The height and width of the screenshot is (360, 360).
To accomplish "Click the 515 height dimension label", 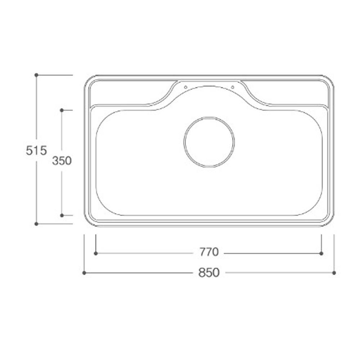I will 36,150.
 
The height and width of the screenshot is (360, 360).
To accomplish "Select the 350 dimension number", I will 62,161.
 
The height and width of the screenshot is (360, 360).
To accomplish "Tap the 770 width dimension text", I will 209,252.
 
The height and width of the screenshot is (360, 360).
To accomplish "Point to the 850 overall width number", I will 209,273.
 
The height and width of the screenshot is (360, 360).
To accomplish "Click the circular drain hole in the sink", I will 209,142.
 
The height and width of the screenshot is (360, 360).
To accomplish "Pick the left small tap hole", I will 185,87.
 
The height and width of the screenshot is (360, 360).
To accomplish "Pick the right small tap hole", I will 233,87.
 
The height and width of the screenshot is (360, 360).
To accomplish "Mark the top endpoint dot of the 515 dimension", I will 36,75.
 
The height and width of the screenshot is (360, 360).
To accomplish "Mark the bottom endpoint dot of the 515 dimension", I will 36,224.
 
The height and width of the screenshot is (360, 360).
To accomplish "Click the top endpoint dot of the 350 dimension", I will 62,110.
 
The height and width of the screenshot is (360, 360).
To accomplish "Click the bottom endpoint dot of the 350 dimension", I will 62,215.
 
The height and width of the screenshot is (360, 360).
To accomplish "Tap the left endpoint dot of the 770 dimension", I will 96,253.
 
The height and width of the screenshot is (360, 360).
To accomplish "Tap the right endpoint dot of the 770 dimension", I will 321,253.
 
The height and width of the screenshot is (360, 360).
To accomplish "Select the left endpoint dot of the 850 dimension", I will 84,273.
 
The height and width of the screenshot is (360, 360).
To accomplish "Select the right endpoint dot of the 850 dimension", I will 334,273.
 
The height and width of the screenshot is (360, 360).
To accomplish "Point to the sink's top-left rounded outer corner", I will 89,80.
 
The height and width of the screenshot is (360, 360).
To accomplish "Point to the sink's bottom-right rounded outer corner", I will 329,222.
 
